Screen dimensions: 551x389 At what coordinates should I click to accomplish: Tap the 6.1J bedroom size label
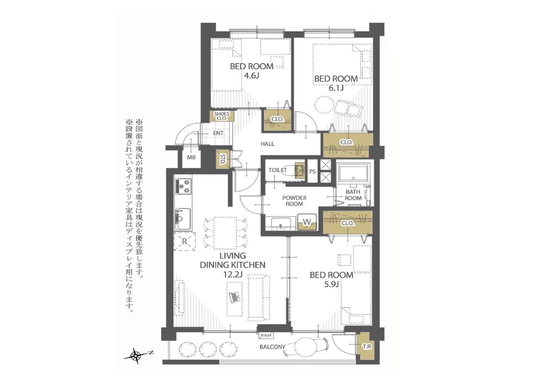point(336,88)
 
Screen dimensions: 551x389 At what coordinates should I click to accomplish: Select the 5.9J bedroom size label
point(331,284)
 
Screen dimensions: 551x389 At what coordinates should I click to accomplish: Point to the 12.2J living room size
point(233,274)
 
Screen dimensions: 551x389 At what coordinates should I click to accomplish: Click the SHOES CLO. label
point(222,116)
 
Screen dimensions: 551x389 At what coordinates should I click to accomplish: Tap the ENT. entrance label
point(219,133)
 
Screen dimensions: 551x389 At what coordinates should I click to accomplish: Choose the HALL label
point(267,144)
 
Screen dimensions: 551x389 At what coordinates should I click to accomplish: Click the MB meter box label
point(191,157)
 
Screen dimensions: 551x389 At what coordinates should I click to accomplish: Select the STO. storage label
point(222,159)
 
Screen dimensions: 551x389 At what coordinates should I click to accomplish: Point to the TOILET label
point(278,170)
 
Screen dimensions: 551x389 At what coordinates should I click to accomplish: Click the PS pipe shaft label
point(312,171)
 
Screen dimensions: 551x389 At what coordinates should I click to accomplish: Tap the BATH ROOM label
point(353,195)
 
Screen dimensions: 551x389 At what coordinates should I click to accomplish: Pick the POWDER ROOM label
point(294,201)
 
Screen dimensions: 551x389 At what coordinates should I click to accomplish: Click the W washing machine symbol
point(307,222)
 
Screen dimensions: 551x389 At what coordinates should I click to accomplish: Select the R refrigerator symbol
point(185,241)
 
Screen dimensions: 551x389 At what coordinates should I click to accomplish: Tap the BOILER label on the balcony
point(266,335)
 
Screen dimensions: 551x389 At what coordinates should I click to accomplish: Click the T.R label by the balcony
point(366,347)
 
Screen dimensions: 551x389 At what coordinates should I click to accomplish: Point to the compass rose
point(136,355)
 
